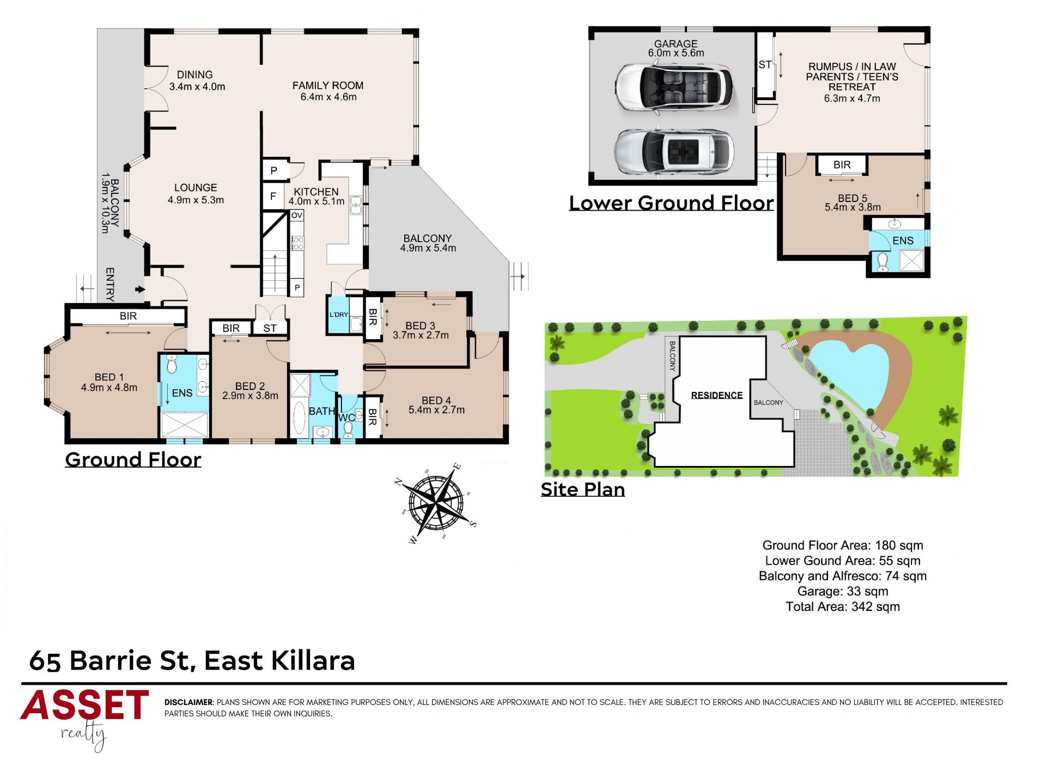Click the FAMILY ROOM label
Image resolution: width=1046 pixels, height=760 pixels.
pos(328,85)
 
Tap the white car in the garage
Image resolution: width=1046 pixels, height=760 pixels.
pos(674,88)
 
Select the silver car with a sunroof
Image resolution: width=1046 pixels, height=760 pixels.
pos(674,152)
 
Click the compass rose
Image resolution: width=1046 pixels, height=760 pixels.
pos(436,501)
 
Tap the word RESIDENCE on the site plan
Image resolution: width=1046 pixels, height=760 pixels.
pos(716,395)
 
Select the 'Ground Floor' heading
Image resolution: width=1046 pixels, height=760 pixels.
pos(133,460)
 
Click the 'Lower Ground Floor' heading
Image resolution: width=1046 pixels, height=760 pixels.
pos(671,203)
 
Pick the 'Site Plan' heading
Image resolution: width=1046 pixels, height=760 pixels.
pos(582,489)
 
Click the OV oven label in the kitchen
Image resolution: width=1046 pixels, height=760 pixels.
pos(296,216)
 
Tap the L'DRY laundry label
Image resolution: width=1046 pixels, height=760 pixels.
pos(338,315)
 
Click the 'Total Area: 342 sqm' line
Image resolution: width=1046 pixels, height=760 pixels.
pos(843,606)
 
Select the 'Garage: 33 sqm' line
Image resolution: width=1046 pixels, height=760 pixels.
pos(843,591)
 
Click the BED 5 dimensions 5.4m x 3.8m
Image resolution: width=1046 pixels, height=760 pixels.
pos(853,207)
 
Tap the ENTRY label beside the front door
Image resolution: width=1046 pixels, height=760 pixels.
pos(110,284)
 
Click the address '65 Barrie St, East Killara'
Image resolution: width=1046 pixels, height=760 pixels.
pos(192,661)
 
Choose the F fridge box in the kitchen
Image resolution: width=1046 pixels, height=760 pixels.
pos(273,197)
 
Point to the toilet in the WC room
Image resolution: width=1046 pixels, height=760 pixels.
pos(348,430)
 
